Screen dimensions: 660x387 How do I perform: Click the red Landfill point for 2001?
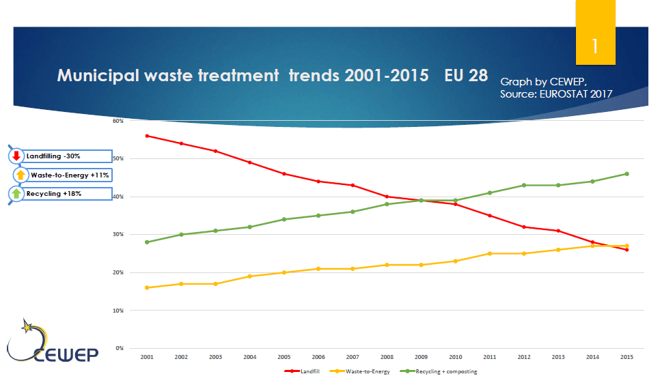(x=147, y=136)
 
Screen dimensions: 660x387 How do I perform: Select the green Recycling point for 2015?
(x=627, y=174)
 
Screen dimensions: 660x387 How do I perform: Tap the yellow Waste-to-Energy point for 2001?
(x=147, y=288)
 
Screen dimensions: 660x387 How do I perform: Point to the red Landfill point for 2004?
(x=249, y=162)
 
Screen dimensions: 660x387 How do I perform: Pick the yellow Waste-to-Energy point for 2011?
(x=489, y=254)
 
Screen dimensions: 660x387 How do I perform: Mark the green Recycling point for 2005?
(x=284, y=219)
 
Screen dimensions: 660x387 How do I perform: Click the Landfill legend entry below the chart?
(x=302, y=371)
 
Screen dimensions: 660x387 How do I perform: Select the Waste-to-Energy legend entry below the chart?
(x=360, y=371)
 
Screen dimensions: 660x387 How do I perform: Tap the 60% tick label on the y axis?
(x=118, y=121)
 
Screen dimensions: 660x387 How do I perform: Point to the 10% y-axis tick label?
(x=118, y=311)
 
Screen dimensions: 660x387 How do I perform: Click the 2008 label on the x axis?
(x=387, y=357)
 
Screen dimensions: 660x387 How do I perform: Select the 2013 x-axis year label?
(x=558, y=357)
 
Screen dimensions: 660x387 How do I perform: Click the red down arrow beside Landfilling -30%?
(x=16, y=156)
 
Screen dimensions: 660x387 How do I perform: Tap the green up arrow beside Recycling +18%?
(x=16, y=194)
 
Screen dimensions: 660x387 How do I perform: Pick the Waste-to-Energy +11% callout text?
(x=70, y=175)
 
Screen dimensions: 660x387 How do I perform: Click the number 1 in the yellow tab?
(x=595, y=46)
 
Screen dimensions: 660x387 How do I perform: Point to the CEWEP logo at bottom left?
(x=52, y=341)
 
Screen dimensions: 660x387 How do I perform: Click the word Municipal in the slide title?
(x=98, y=76)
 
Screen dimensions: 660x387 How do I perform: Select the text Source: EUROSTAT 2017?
(x=556, y=94)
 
